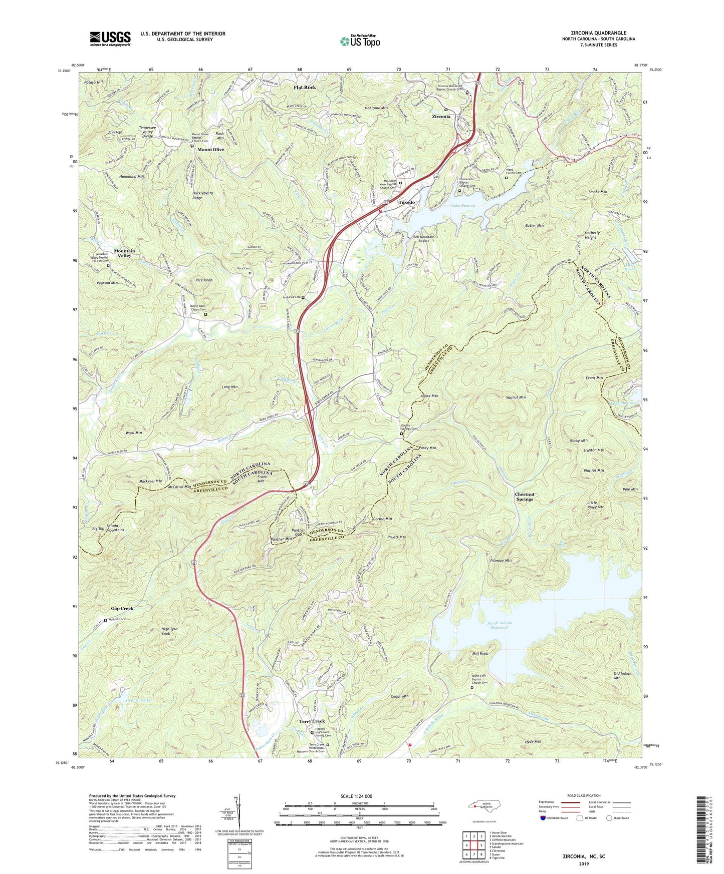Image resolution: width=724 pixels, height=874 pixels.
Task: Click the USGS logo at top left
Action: (x=110, y=39)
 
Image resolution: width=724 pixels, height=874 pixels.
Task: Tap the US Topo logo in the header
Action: (x=359, y=41)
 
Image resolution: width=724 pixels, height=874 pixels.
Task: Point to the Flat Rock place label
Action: (x=305, y=87)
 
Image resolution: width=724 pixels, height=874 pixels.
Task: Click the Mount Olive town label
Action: (x=210, y=150)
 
